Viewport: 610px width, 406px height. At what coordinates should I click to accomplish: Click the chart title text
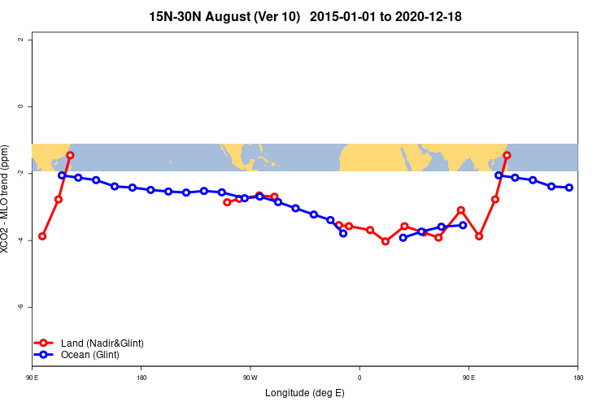click(305, 16)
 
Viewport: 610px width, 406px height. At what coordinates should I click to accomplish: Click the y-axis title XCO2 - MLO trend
click(7, 200)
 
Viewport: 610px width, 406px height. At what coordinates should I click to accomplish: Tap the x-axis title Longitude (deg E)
click(305, 393)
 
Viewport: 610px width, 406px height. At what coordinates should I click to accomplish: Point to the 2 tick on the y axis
click(22, 40)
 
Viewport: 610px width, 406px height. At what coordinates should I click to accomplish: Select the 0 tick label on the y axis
click(22, 106)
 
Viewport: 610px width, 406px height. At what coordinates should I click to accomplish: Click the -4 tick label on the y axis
click(20, 240)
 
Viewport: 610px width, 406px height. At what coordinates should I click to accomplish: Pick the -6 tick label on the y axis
click(20, 307)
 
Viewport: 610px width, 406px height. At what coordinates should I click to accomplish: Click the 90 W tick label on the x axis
click(250, 378)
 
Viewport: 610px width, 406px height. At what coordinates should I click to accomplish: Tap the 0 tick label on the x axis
click(359, 378)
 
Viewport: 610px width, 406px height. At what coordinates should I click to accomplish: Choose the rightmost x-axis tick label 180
click(577, 378)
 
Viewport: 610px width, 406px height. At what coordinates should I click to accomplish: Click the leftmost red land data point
click(42, 236)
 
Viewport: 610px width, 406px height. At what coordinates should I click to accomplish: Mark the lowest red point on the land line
click(386, 241)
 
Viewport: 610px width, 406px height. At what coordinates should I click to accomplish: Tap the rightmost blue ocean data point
click(569, 188)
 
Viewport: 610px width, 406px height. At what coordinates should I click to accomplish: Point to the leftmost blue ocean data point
click(62, 175)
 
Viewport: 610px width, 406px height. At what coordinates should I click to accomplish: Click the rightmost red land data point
click(507, 155)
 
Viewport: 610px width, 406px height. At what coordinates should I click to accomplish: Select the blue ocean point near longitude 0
click(343, 233)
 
